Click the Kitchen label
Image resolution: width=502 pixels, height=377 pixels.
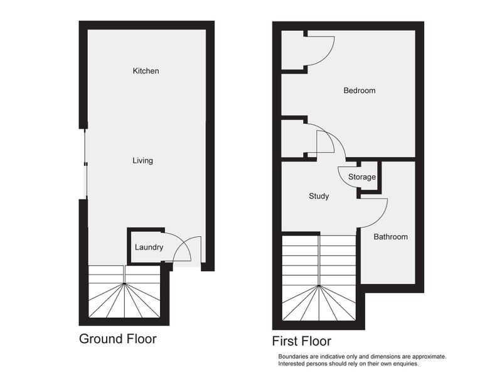coord(146,71)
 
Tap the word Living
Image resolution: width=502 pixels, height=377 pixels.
coord(143,161)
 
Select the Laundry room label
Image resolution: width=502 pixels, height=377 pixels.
coord(149,248)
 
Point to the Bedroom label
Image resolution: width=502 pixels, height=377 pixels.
coord(359,90)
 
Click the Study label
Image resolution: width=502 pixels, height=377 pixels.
coord(319,196)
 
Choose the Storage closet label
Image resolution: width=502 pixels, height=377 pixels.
coord(362,177)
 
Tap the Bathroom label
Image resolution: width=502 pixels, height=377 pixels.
coord(390,237)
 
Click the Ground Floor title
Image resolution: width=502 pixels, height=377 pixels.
coord(118,339)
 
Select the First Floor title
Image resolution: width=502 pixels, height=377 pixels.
coord(302,341)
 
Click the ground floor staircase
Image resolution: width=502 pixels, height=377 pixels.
coord(124,292)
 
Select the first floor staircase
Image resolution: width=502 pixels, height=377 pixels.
coord(319,278)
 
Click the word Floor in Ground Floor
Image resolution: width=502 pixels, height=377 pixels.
coord(142,339)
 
